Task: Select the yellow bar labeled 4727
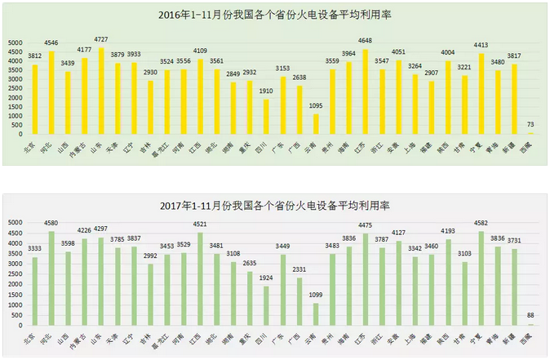[101, 90]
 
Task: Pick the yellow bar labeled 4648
[365, 91]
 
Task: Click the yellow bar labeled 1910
[266, 116]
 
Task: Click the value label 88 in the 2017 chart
[530, 315]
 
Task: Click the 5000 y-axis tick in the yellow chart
[16, 42]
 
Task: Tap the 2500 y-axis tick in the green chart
[16, 273]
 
